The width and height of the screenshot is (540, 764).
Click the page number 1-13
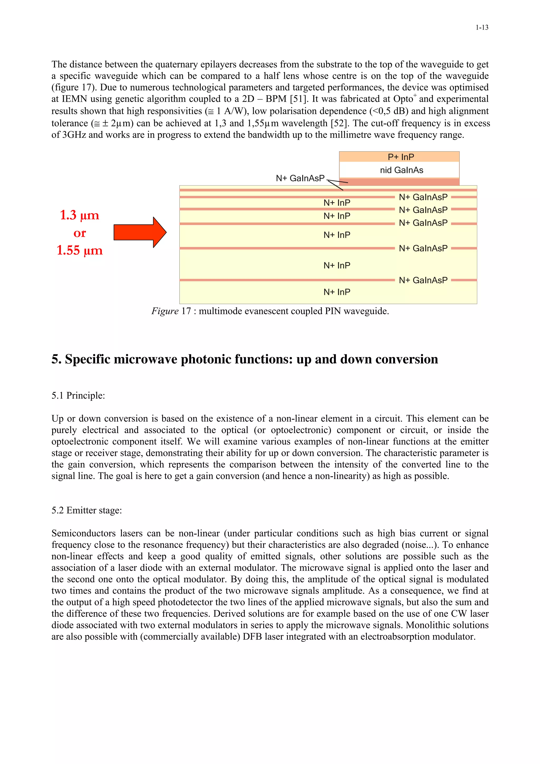tap(481, 28)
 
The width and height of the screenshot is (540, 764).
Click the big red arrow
tap(140, 232)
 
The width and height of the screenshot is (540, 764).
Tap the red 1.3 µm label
tap(80, 215)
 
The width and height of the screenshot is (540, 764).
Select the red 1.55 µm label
tap(80, 250)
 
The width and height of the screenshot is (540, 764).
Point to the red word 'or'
tap(80, 233)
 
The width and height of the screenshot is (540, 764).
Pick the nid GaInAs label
tap(401, 170)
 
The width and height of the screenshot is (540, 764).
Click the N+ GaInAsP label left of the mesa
tap(300, 178)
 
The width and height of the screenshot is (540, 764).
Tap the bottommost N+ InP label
tap(337, 292)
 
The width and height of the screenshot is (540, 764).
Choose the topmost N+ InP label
tap(337, 203)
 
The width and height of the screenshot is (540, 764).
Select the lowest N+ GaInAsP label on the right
tap(423, 281)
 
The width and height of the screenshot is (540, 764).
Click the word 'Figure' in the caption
tap(165, 311)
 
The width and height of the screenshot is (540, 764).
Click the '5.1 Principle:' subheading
tap(78, 396)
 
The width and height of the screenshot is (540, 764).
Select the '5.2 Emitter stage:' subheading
tap(86, 510)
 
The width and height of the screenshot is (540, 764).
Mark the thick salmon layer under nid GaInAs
tap(399, 182)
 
